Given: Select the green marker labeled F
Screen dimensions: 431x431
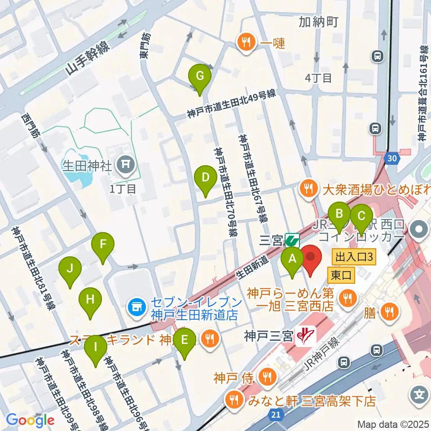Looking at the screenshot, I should point(103,245).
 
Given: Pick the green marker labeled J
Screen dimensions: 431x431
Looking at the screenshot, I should point(70,269).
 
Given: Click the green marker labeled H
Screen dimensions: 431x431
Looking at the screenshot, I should point(90,299).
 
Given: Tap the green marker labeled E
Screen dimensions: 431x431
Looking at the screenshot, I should point(185,340).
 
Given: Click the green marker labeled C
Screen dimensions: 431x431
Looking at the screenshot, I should point(361,215).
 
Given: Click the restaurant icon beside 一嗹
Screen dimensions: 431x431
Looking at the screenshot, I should point(246,43).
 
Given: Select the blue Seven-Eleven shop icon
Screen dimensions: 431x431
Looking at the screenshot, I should point(136,308).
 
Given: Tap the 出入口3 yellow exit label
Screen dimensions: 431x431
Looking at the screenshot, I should point(354,258).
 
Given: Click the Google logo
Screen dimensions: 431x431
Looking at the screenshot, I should point(31,421).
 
